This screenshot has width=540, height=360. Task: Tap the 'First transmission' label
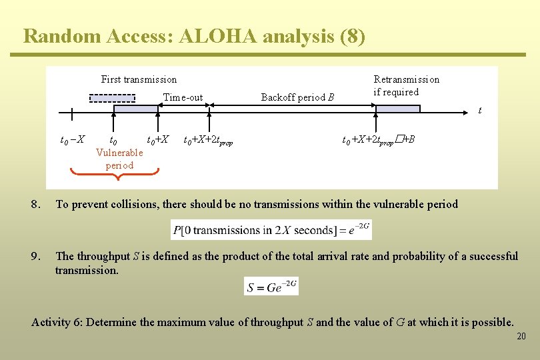coord(139,79)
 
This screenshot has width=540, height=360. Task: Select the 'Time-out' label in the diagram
coord(183,97)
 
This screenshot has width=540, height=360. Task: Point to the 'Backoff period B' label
coord(297,97)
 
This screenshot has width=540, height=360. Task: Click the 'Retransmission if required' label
coord(406,85)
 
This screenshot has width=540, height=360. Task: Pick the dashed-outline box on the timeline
coord(112,98)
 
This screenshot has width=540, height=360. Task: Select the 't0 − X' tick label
coord(72,140)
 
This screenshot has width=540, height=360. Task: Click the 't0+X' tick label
coord(158,140)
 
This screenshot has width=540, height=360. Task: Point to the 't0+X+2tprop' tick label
coord(208,141)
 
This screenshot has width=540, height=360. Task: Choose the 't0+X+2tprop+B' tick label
coord(378,141)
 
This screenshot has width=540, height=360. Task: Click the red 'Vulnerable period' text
coord(119,159)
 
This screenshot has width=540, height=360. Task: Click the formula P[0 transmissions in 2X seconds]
coord(271,230)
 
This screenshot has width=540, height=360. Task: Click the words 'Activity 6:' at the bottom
coord(57,322)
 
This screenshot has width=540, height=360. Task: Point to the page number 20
coord(521,337)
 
